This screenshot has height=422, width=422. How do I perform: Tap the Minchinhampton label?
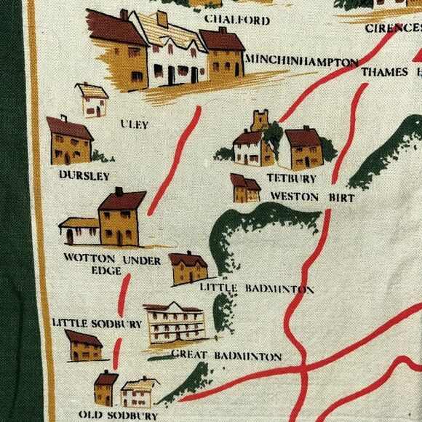(x=302, y=61)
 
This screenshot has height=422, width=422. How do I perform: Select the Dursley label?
(x=85, y=175)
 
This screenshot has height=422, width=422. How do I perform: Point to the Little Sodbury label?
(x=97, y=322)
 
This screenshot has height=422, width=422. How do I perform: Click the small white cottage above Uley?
(x=92, y=100)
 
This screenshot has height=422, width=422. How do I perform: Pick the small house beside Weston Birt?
(x=245, y=188)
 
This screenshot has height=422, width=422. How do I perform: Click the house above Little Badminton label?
(x=188, y=268)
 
